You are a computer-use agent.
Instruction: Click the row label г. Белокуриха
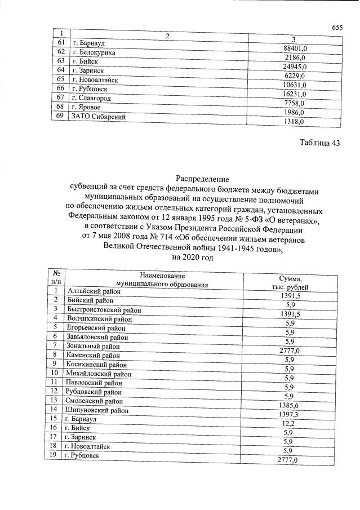pyautogui.click(x=94, y=52)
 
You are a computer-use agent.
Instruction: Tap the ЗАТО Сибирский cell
pyautogui.click(x=97, y=117)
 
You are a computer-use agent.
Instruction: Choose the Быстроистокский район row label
pyautogui.click(x=103, y=309)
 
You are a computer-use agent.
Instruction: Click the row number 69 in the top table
pyautogui.click(x=60, y=116)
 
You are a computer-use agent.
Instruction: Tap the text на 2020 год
pyautogui.click(x=192, y=257)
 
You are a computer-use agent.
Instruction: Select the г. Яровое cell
pyautogui.click(x=85, y=107)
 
